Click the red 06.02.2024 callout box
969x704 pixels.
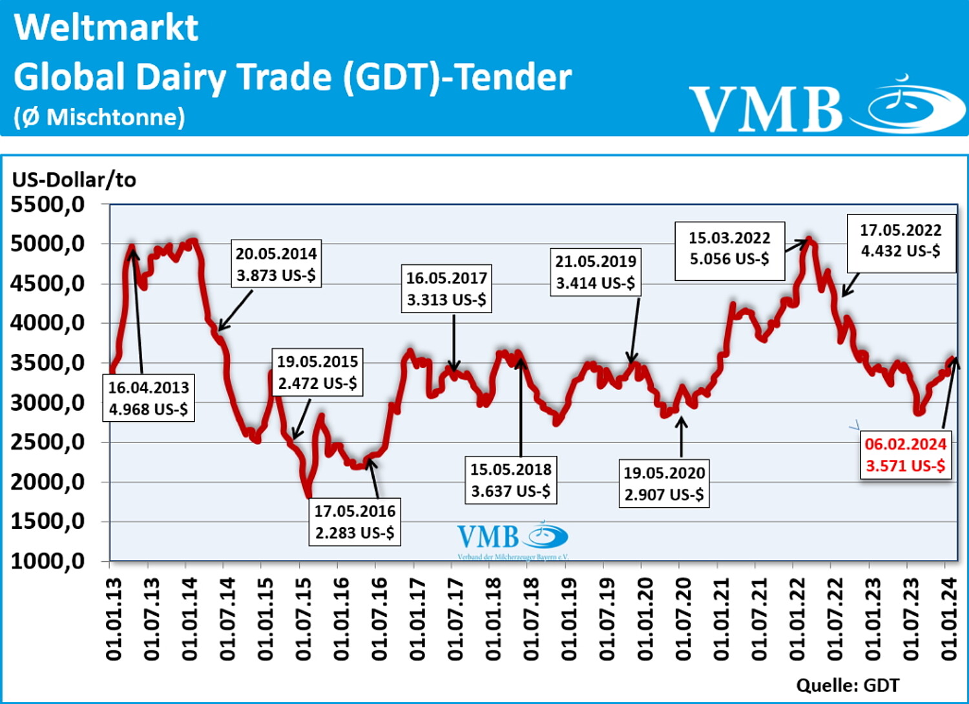pyautogui.click(x=905, y=455)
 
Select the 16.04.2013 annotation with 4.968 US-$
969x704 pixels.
pyautogui.click(x=149, y=398)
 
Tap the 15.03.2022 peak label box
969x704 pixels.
pyautogui.click(x=729, y=249)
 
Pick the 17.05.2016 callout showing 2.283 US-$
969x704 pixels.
pyautogui.click(x=355, y=522)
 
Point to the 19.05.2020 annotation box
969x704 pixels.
pyautogui.click(x=664, y=484)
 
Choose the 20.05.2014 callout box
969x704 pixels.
pyautogui.click(x=276, y=264)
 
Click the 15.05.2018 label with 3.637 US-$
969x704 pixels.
pyautogui.click(x=510, y=481)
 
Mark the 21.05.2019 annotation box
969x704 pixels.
pyautogui.click(x=595, y=272)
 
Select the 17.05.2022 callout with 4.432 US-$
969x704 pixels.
pyautogui.click(x=901, y=241)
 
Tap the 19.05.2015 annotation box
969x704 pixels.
pyautogui.click(x=317, y=372)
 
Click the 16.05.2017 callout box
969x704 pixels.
pyautogui.click(x=446, y=289)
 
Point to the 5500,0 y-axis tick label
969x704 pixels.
pyautogui.click(x=48, y=205)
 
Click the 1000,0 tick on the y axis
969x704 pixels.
pyautogui.click(x=48, y=561)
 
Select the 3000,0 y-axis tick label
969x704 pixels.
pyautogui.click(x=48, y=403)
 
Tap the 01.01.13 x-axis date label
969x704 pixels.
pyautogui.click(x=114, y=619)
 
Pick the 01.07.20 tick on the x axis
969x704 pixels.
pyautogui.click(x=683, y=619)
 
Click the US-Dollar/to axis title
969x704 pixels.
pyautogui.click(x=74, y=180)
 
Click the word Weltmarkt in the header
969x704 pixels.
pyautogui.click(x=106, y=28)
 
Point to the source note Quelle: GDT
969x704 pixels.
pyautogui.click(x=847, y=685)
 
